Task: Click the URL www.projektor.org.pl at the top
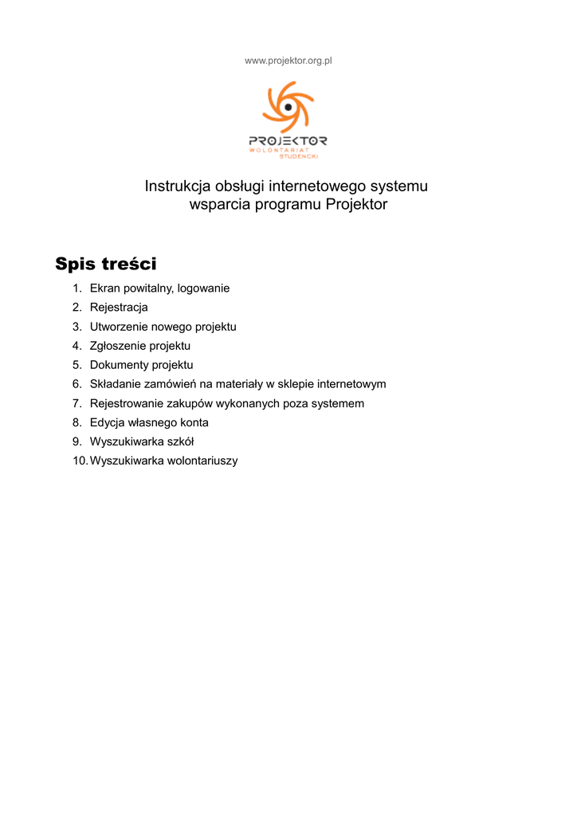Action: point(288,61)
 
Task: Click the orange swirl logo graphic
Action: point(288,106)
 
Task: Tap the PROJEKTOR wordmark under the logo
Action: point(288,140)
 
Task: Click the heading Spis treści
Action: point(106,264)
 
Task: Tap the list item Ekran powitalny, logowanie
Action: point(159,288)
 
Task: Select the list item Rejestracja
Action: point(119,308)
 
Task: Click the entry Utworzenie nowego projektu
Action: point(163,327)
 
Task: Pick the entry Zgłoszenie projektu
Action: point(139,346)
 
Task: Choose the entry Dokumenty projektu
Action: point(141,365)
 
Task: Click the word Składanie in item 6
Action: point(115,384)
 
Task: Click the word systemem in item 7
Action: point(339,403)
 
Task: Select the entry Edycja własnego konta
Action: point(149,422)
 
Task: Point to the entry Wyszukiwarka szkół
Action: point(142,441)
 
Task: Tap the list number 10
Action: point(79,461)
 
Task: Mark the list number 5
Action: point(77,365)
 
